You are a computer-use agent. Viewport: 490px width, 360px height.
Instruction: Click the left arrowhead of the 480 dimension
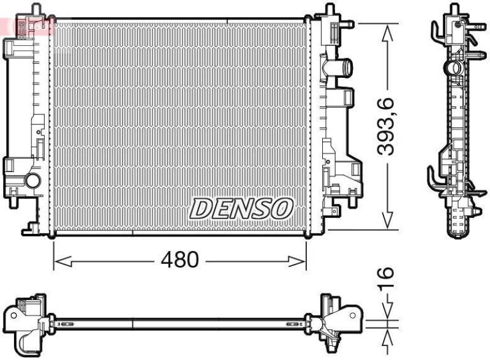[59, 261]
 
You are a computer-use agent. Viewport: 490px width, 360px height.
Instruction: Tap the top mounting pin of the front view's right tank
[330, 9]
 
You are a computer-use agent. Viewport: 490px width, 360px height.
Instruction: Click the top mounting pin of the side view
[454, 9]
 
